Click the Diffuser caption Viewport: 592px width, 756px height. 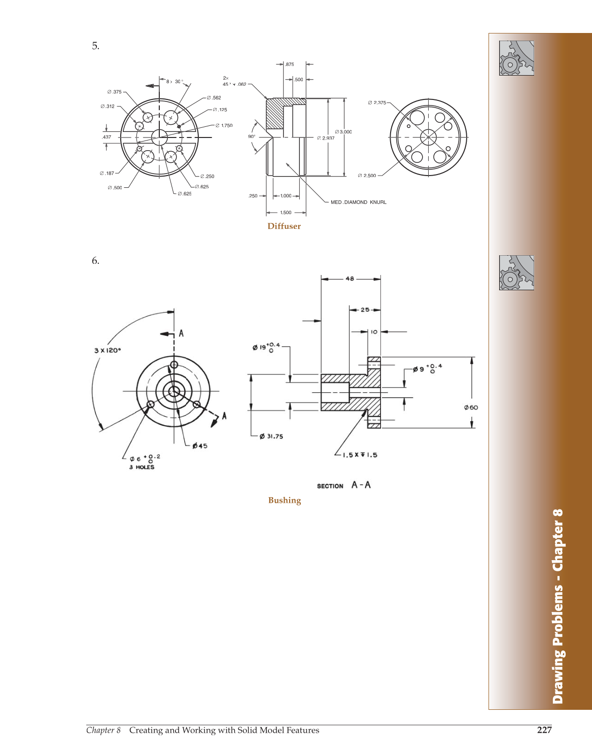pos(284,226)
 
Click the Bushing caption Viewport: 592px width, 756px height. pos(285,500)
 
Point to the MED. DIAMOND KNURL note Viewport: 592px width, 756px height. pos(358,202)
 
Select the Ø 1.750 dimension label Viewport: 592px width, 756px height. pos(224,125)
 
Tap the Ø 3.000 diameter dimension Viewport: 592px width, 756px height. pos(343,132)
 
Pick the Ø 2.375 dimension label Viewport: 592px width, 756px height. pos(377,102)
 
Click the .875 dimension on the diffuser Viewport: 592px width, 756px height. pos(289,64)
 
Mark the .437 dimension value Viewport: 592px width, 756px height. pos(107,137)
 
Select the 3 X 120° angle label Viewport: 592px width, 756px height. pos(108,351)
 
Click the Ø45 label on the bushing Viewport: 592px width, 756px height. pos(200,446)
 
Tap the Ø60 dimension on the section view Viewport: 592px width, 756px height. pos(471,407)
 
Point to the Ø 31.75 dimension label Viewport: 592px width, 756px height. pos(271,436)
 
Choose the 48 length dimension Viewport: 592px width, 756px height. pos(350,279)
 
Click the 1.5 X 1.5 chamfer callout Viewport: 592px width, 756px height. pos(360,455)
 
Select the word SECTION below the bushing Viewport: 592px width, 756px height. pos(330,486)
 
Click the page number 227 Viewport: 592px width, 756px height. pos(544,730)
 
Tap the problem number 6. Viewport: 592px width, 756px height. pos(95,261)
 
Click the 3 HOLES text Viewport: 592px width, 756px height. pos(142,467)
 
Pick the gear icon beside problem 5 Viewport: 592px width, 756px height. pos(516,58)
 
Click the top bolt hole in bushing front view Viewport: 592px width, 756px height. pos(174,364)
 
